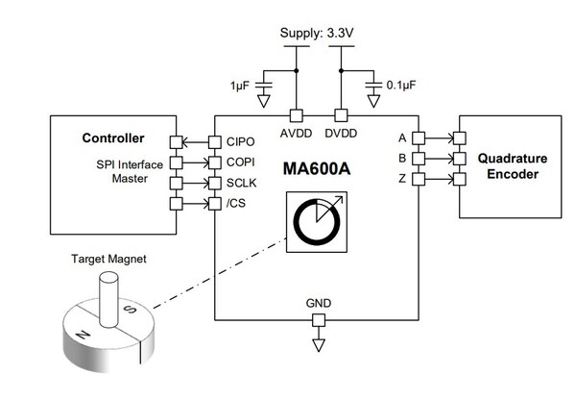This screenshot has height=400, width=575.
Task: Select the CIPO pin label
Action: [x=241, y=142]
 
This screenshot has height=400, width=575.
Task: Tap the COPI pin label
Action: [x=241, y=162]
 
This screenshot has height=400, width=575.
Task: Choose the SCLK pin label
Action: [x=242, y=182]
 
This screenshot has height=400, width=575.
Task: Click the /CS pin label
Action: [x=237, y=202]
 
